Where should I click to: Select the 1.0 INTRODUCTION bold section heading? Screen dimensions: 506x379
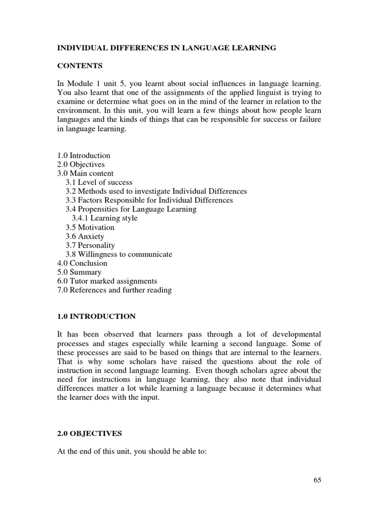pyautogui.click(x=96, y=316)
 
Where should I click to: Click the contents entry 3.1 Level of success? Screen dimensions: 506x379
pyautogui.click(x=99, y=182)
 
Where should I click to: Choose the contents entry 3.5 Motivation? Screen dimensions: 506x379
pyautogui.click(x=90, y=227)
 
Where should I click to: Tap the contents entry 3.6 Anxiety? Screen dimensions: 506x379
pyautogui.click(x=85, y=236)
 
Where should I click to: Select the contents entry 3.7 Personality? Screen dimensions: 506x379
pyautogui.click(x=90, y=245)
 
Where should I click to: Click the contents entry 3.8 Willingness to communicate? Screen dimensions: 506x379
pyautogui.click(x=119, y=254)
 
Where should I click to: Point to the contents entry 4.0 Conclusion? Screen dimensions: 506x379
pyautogui.click(x=82, y=263)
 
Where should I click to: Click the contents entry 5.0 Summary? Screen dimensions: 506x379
pyautogui.click(x=79, y=272)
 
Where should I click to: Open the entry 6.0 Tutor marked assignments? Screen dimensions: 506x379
pyautogui.click(x=107, y=281)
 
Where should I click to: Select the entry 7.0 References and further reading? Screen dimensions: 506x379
pyautogui.click(x=114, y=290)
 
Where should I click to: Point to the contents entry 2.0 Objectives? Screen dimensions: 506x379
pyautogui.click(x=81, y=165)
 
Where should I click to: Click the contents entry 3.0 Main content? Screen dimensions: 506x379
pyautogui.click(x=85, y=173)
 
